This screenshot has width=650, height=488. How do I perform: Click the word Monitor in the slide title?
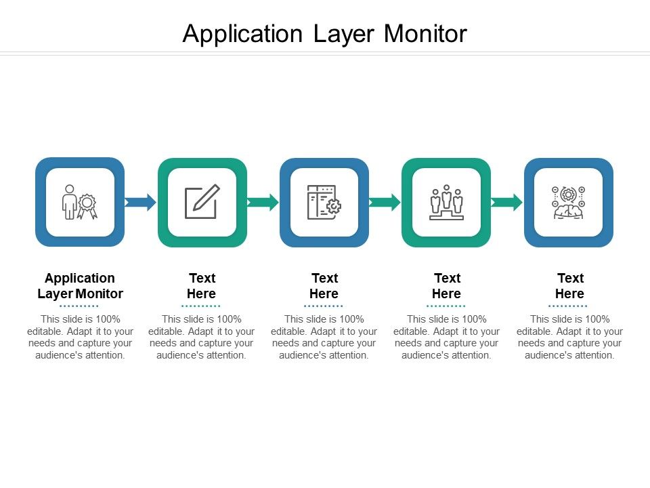pyautogui.click(x=425, y=33)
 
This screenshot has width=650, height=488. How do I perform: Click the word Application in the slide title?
pyautogui.click(x=242, y=33)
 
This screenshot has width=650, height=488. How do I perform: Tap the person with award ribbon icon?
pyautogui.click(x=79, y=202)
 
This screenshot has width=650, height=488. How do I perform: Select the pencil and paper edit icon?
pyautogui.click(x=202, y=202)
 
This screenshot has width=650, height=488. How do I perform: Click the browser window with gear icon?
pyautogui.click(x=324, y=202)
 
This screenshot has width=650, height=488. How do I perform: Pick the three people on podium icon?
pyautogui.click(x=446, y=202)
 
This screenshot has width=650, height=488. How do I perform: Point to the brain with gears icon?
pyautogui.click(x=568, y=202)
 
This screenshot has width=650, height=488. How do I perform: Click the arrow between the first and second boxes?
pyautogui.click(x=141, y=202)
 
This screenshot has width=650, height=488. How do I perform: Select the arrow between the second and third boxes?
pyautogui.click(x=263, y=202)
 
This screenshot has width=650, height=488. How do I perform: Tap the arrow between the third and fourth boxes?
pyautogui.click(x=385, y=202)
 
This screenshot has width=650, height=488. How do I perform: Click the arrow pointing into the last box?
pyautogui.click(x=507, y=202)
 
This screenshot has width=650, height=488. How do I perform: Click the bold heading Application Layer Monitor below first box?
pyautogui.click(x=80, y=286)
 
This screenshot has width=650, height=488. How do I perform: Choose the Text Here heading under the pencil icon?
pyautogui.click(x=202, y=286)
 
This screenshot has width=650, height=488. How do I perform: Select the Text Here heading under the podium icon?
pyautogui.click(x=446, y=286)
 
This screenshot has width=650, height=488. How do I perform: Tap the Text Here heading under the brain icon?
pyautogui.click(x=569, y=286)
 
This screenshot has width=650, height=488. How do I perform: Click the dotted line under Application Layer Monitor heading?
pyautogui.click(x=79, y=306)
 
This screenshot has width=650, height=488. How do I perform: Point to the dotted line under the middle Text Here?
pyautogui.click(x=324, y=306)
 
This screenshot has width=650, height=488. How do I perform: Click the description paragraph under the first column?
pyautogui.click(x=80, y=337)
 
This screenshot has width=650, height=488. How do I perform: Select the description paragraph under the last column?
pyautogui.click(x=569, y=337)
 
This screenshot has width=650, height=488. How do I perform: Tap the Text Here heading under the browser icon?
pyautogui.click(x=324, y=286)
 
